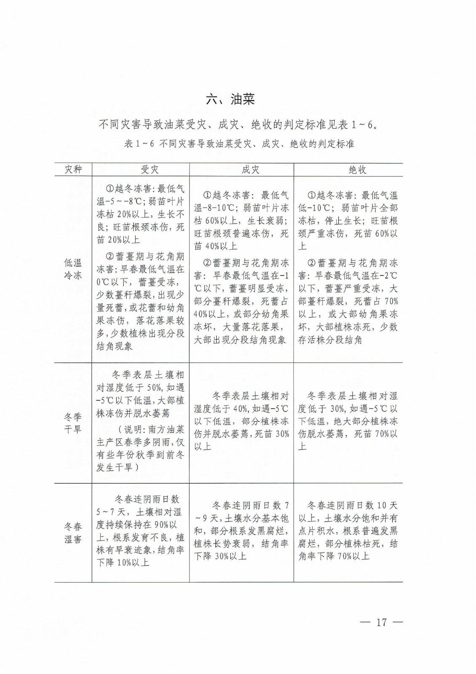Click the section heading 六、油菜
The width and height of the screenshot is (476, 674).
230,100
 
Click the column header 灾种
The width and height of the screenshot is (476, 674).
73,170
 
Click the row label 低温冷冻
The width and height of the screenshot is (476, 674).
73,270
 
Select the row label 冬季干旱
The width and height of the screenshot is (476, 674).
73,423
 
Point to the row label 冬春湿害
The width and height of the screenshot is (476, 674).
73,533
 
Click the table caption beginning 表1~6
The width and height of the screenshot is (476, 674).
239,144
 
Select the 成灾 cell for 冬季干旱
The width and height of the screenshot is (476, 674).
242,421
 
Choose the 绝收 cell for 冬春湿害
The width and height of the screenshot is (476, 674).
348,531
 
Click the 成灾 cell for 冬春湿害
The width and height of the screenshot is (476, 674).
242,531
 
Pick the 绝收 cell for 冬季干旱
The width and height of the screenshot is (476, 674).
348,421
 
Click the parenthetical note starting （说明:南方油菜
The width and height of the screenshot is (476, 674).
141,449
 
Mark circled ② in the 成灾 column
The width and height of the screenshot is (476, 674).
207,263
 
